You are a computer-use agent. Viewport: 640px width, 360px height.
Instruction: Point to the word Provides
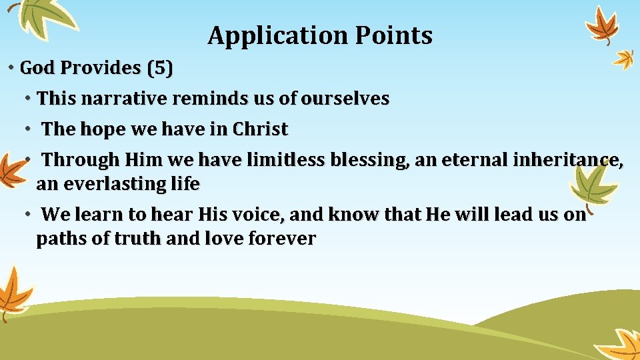click(97, 68)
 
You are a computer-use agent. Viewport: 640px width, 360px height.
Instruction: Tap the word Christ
click(260, 129)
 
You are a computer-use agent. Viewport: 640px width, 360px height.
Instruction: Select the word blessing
click(365, 160)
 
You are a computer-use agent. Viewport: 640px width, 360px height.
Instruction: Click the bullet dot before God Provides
click(11, 68)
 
